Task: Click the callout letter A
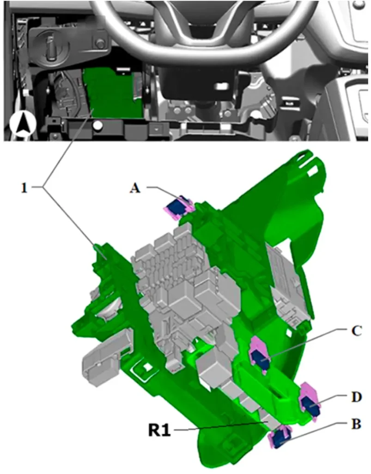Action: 135,188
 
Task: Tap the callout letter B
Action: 356,424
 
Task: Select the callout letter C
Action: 356,331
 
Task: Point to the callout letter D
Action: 357,397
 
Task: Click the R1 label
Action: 159,430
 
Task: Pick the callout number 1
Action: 24,188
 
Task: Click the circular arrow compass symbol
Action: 23,125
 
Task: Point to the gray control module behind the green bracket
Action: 288,290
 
